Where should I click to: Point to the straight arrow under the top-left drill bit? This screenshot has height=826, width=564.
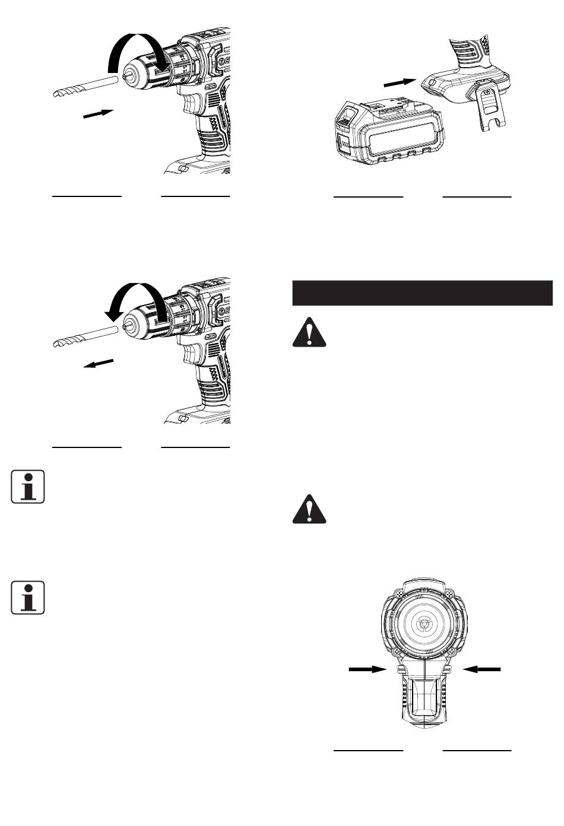(98, 113)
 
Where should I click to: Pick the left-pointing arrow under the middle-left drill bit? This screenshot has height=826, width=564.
(98, 363)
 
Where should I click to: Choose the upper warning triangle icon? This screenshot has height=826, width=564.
(310, 331)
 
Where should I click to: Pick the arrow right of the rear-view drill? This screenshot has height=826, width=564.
(482, 669)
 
